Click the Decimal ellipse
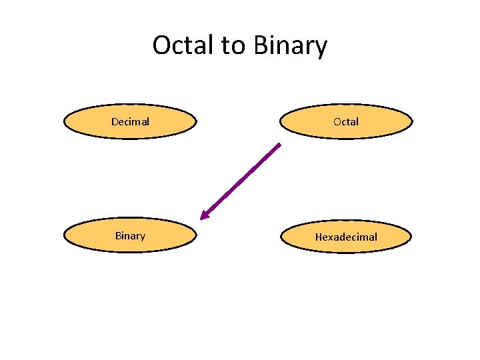pos(130,121)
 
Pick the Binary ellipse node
pos(130,236)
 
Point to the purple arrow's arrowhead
pos(203,217)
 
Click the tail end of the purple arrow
pos(280,144)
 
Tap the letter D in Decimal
pos(115,121)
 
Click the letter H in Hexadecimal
pos(319,237)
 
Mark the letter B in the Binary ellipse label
pos(118,236)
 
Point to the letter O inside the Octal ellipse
pos(337,121)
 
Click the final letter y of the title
pos(321,48)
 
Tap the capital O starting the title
pos(162,45)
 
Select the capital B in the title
pos(261,45)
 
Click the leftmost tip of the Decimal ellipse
pos(64,121)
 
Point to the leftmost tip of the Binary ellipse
pos(64,236)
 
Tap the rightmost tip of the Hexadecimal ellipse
pos(411,237)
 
